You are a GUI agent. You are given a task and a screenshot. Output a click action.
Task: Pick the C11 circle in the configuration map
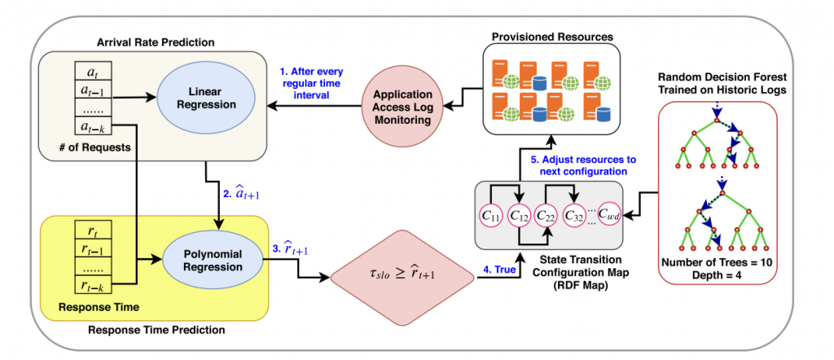pyautogui.click(x=492, y=216)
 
